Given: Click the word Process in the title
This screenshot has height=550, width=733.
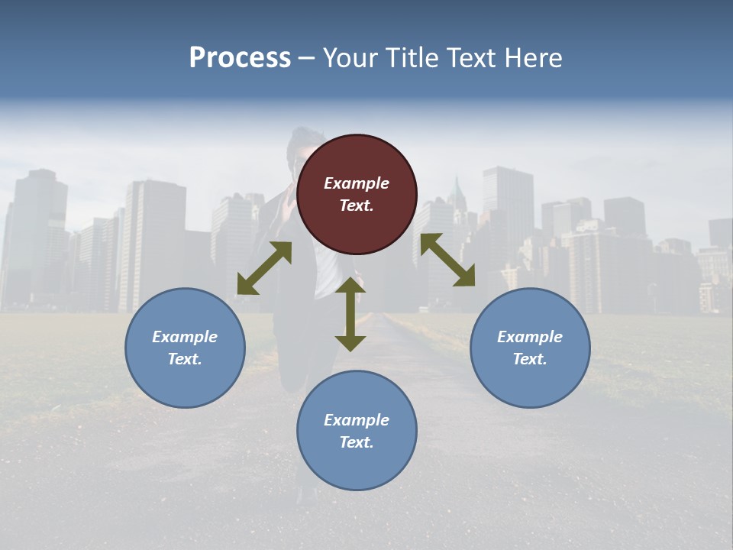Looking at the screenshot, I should (240, 58).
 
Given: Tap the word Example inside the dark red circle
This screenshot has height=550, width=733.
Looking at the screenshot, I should (357, 183).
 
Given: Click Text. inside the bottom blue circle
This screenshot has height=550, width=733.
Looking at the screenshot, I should (357, 442).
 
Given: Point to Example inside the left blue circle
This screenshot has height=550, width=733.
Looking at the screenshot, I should (185, 337).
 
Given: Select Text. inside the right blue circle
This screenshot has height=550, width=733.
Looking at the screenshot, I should (530, 359).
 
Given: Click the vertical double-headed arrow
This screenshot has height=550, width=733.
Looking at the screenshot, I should (350, 314).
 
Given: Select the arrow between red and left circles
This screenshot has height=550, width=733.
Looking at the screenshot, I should (264, 268).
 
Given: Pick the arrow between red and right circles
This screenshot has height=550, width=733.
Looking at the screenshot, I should (447, 260).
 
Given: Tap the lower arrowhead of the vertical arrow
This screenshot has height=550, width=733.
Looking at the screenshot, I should (350, 342).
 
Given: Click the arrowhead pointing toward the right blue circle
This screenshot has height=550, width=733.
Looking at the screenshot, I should (465, 277).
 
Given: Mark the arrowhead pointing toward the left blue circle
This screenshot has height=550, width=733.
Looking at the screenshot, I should (247, 285).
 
